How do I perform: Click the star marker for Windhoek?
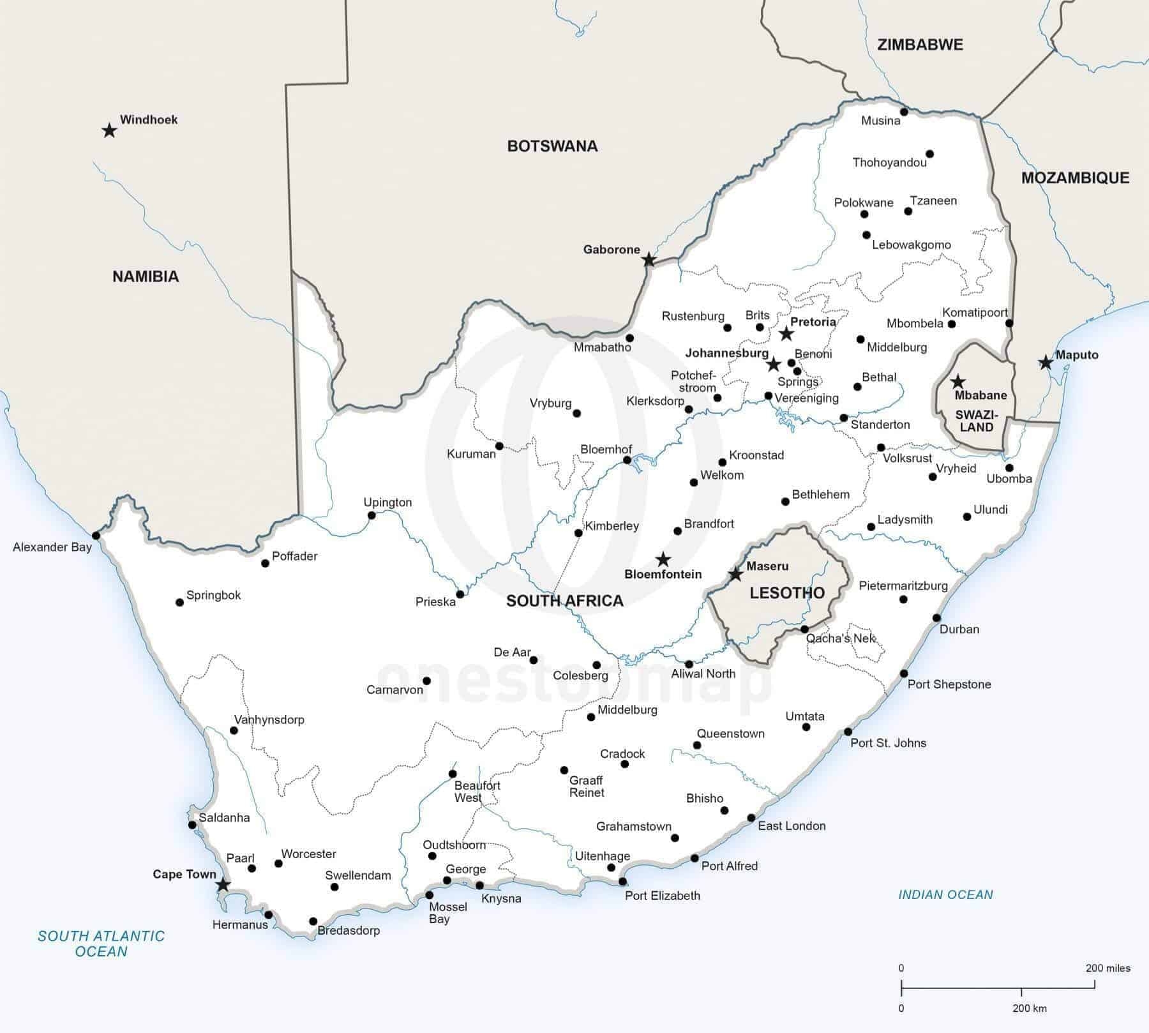pyautogui.click(x=109, y=131)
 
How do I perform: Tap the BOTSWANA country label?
pyautogui.click(x=552, y=146)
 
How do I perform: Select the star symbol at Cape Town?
pyautogui.click(x=222, y=885)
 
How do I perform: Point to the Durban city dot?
pyautogui.click(x=936, y=617)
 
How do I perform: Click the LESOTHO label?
pyautogui.click(x=786, y=592)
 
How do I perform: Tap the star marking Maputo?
pyautogui.click(x=1045, y=363)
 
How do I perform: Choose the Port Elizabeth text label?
pyautogui.click(x=662, y=896)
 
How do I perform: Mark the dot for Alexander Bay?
pyautogui.click(x=96, y=535)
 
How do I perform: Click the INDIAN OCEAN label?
pyautogui.click(x=945, y=894)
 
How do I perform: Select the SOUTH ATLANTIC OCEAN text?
pyautogui.click(x=101, y=944)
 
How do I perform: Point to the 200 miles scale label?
pyautogui.click(x=1108, y=969)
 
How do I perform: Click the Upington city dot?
pyautogui.click(x=372, y=515)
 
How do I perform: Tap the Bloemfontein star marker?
pyautogui.click(x=663, y=560)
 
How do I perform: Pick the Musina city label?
pyautogui.click(x=880, y=121)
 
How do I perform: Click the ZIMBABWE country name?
pyautogui.click(x=920, y=45)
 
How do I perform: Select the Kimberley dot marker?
pyautogui.click(x=578, y=532)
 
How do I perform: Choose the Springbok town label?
pyautogui.click(x=213, y=595)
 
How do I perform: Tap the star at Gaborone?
pyautogui.click(x=649, y=260)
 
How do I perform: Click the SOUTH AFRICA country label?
pyautogui.click(x=564, y=600)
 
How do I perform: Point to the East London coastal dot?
pyautogui.click(x=751, y=818)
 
